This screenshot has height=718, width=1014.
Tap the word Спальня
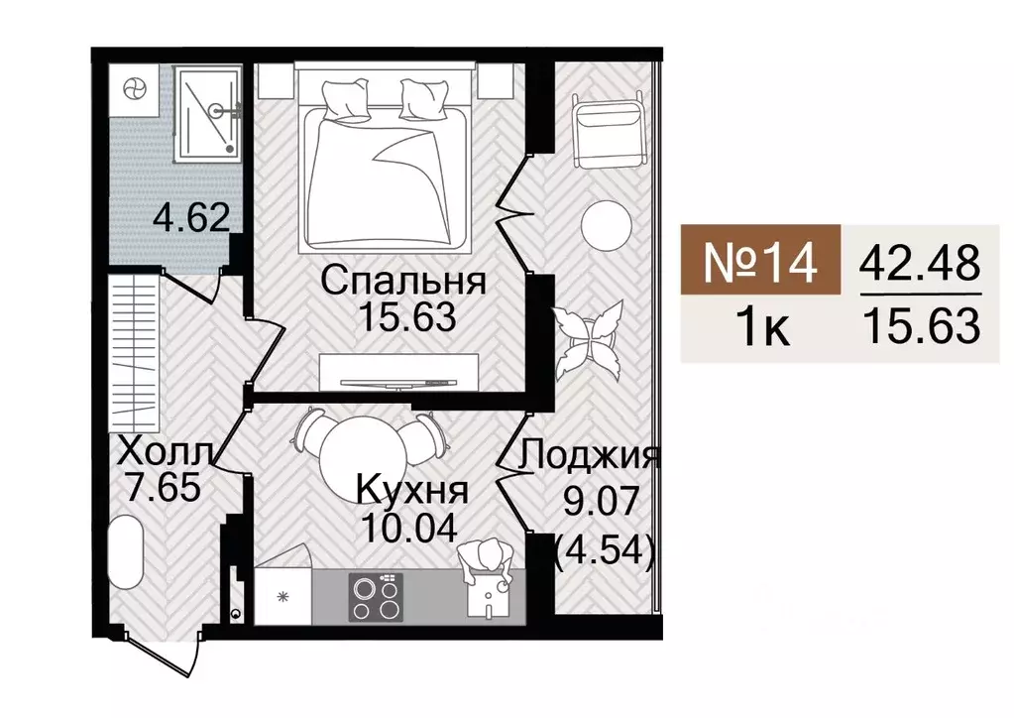pyautogui.click(x=403, y=282)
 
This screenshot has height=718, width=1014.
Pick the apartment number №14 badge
pyautogui.click(x=760, y=260)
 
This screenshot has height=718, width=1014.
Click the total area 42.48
pyautogui.click(x=921, y=264)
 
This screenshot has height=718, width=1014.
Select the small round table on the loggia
pyautogui.click(x=606, y=226)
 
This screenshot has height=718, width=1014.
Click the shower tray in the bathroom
pyautogui.click(x=207, y=114)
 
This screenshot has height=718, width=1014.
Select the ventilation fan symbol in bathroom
pyautogui.click(x=134, y=90)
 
